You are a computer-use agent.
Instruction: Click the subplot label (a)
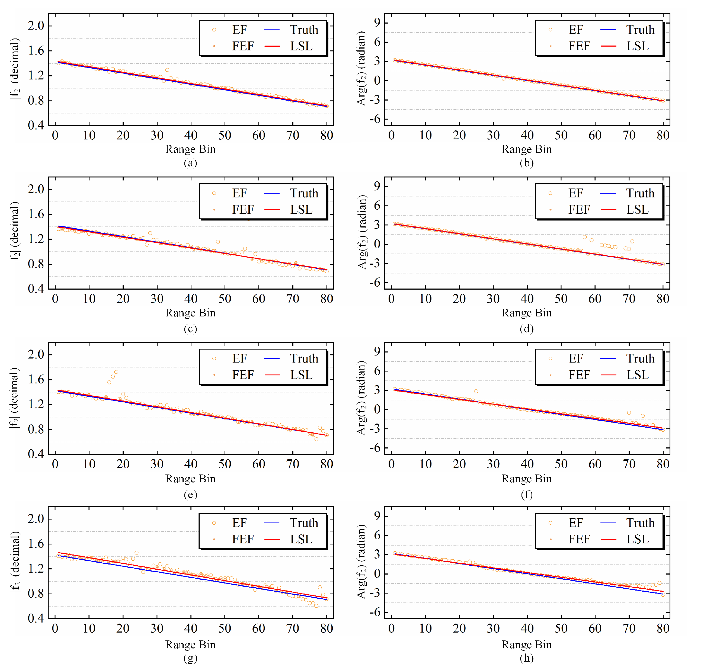tap(190, 163)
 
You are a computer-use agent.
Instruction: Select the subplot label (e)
tap(190, 494)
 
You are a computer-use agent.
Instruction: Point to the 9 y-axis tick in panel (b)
tap(377, 23)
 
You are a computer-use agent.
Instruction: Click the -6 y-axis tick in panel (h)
tap(375, 613)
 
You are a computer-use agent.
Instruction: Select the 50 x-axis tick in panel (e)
tap(225, 464)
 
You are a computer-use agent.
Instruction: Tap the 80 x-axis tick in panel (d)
tap(663, 299)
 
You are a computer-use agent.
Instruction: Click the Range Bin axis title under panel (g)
tap(190, 644)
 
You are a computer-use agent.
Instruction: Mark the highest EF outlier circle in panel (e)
tap(116, 372)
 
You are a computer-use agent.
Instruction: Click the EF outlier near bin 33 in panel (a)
tap(167, 70)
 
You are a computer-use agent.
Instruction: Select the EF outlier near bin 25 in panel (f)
tap(476, 392)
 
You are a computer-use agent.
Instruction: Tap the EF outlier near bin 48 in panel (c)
tap(218, 242)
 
